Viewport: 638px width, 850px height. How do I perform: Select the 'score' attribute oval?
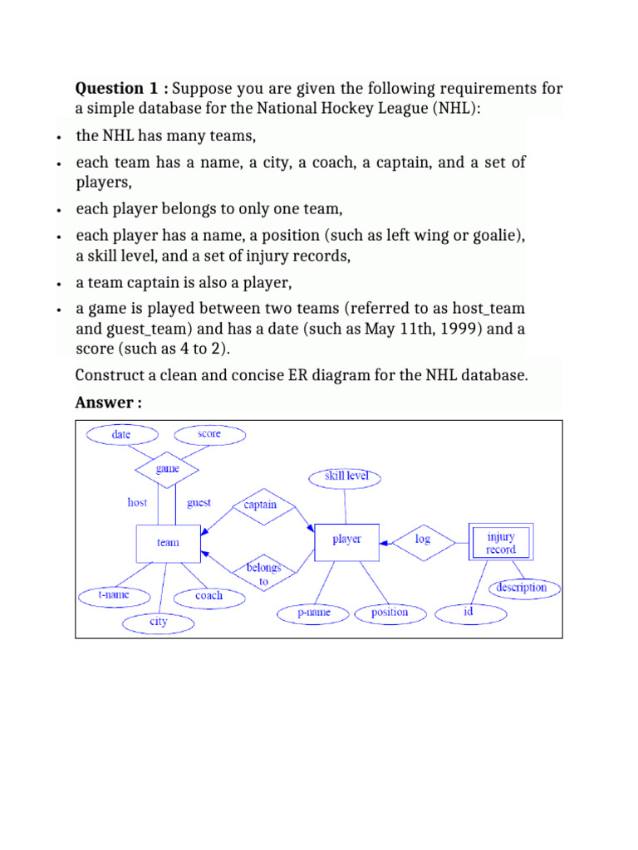(209, 434)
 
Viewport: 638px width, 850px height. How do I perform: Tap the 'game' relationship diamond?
(168, 469)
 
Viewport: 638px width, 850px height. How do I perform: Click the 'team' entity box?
(168, 543)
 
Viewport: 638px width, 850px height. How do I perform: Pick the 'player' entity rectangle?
(346, 540)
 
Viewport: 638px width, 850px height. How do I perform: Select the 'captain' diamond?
(260, 505)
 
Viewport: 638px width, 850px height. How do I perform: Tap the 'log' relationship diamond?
(423, 540)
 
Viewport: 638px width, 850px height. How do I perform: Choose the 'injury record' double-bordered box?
(500, 543)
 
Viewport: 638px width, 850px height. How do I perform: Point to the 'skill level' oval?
(345, 477)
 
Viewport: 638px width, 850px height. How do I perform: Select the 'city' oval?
(158, 622)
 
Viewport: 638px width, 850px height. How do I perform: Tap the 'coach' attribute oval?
(209, 596)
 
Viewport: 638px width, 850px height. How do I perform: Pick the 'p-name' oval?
(314, 613)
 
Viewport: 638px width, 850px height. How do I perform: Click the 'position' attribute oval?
(390, 613)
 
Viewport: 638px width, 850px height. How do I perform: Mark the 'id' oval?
(469, 613)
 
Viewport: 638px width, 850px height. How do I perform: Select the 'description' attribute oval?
(521, 588)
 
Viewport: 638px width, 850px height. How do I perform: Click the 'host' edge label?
(137, 502)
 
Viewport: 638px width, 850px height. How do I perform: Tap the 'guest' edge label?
(199, 502)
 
